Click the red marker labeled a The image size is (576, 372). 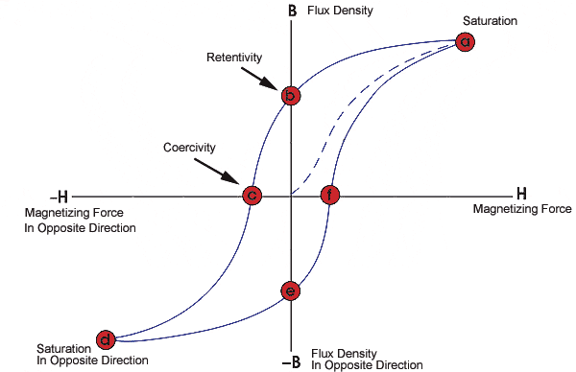(x=466, y=41)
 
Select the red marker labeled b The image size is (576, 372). (x=291, y=96)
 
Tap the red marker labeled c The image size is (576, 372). (x=251, y=196)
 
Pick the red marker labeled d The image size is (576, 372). (x=106, y=338)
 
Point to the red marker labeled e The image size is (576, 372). (x=291, y=291)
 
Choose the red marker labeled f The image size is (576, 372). (x=330, y=196)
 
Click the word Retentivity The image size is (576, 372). (x=234, y=58)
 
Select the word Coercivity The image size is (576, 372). (x=190, y=148)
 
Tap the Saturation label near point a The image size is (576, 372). (x=490, y=20)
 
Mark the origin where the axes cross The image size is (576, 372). (x=291, y=196)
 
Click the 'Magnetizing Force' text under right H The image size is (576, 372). (x=522, y=209)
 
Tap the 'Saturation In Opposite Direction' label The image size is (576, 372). (x=92, y=354)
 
